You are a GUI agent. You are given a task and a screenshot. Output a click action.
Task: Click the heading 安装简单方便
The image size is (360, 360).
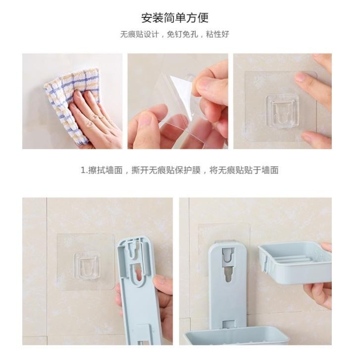[175, 18]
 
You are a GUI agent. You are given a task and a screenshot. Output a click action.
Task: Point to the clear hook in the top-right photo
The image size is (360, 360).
[282, 110]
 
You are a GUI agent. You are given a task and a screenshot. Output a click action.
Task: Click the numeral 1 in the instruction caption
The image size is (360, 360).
[83, 170]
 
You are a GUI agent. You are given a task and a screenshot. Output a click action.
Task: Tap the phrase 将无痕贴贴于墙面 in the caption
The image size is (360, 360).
[244, 170]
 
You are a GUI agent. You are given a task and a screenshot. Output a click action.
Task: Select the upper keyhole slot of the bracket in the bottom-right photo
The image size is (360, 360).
[227, 255]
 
